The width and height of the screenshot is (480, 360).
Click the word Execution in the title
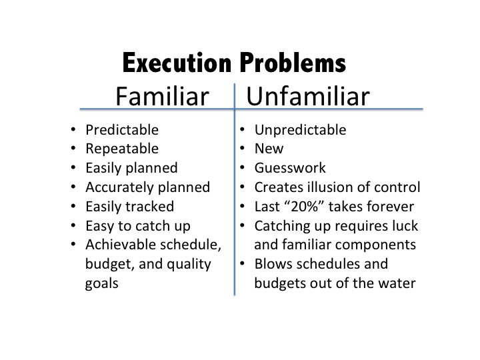point(177,63)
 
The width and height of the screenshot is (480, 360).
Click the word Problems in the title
point(293,63)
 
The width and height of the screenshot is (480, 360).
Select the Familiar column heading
point(162,96)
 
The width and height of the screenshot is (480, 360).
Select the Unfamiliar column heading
point(308,96)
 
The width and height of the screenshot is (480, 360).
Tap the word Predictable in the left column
point(122,130)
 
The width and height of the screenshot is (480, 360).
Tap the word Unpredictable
point(300,130)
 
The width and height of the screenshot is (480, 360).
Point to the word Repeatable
point(122,149)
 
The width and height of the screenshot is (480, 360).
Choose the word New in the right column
point(269,149)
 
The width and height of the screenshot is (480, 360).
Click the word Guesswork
point(290,168)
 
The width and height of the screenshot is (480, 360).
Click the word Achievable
point(121,245)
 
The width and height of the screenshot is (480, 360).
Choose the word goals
point(101,284)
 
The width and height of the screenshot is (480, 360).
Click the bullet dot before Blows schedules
point(242,263)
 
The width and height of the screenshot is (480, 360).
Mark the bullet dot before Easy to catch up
point(73,225)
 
